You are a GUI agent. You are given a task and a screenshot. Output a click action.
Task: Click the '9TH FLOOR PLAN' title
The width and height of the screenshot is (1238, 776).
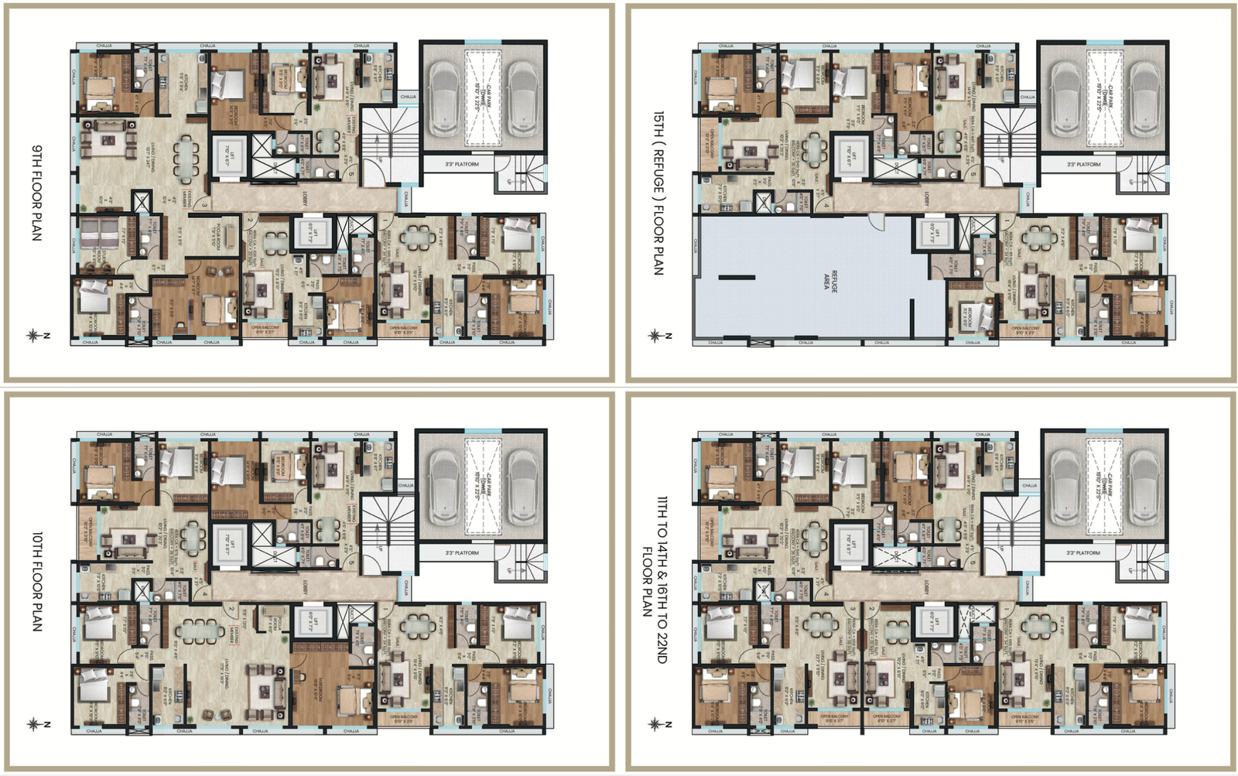pyautogui.click(x=36, y=192)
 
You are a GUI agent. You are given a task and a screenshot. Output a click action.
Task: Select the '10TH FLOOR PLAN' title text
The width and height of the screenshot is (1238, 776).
pyautogui.click(x=36, y=580)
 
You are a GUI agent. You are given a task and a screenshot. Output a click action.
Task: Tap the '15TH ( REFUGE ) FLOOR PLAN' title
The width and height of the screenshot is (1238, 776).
pyautogui.click(x=658, y=192)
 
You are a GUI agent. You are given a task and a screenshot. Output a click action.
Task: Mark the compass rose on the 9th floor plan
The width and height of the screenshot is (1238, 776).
pyautogui.click(x=33, y=336)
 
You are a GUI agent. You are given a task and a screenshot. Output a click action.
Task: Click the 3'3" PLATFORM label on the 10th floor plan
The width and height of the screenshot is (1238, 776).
pyautogui.click(x=462, y=553)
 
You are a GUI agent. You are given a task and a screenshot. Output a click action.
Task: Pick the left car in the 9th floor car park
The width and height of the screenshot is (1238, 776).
pyautogui.click(x=444, y=99)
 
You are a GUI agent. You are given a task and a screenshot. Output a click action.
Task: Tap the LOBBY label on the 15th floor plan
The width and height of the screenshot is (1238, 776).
pyautogui.click(x=926, y=200)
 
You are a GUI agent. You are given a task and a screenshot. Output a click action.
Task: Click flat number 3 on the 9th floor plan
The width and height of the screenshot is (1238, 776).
pyautogui.click(x=203, y=205)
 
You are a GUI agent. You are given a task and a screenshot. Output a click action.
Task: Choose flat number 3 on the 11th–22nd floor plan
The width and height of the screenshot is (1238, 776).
pyautogui.click(x=853, y=609)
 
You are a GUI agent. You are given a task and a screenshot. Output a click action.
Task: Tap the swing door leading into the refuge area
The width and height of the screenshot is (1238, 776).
pyautogui.click(x=875, y=222)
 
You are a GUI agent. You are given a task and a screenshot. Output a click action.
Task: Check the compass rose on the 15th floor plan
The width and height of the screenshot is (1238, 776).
pyautogui.click(x=655, y=336)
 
